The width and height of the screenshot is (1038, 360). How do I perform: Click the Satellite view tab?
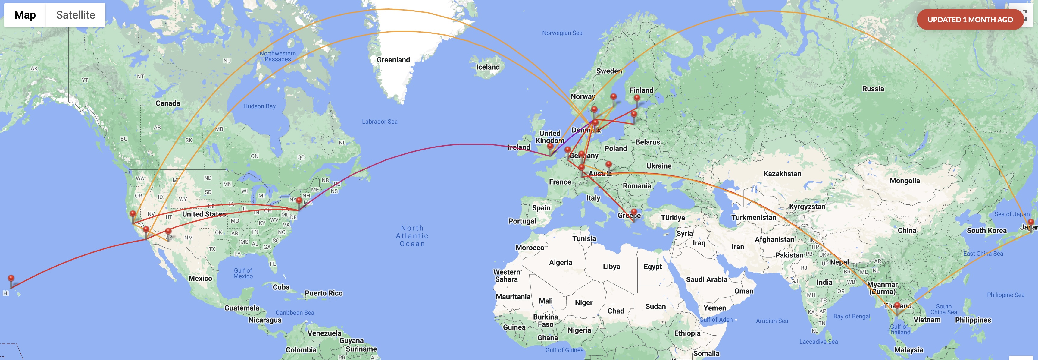[75, 15]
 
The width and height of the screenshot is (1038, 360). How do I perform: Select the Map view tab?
[25, 15]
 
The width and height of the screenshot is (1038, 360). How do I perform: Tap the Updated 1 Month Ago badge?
[970, 19]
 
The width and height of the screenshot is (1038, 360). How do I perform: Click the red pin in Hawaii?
[11, 279]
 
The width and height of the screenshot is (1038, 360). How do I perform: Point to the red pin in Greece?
[634, 212]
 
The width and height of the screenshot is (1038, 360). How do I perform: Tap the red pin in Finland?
[637, 98]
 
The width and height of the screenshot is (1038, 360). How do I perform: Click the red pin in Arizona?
[168, 231]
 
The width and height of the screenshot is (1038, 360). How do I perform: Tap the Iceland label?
[488, 67]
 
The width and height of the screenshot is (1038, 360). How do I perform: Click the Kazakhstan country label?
[782, 173]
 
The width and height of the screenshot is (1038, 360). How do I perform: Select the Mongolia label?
[905, 181]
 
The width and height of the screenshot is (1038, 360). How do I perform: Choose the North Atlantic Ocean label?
[412, 236]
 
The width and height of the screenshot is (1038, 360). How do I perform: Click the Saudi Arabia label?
[706, 279]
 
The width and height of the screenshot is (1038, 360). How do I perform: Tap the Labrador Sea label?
[379, 121]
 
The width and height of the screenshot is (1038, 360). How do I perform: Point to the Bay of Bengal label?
[852, 316]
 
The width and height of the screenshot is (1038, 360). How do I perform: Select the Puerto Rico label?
[323, 293]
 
